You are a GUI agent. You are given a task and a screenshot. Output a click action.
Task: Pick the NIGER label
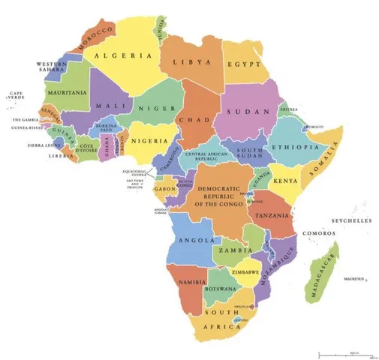(150, 108)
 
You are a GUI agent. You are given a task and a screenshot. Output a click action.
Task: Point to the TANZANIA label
(272, 214)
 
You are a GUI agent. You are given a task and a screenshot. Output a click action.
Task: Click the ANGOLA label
(194, 241)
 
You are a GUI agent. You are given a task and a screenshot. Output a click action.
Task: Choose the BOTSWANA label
(222, 288)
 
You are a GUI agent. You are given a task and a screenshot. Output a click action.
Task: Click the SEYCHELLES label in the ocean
(351, 222)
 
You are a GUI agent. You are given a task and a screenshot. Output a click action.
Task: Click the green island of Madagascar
(321, 274)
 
